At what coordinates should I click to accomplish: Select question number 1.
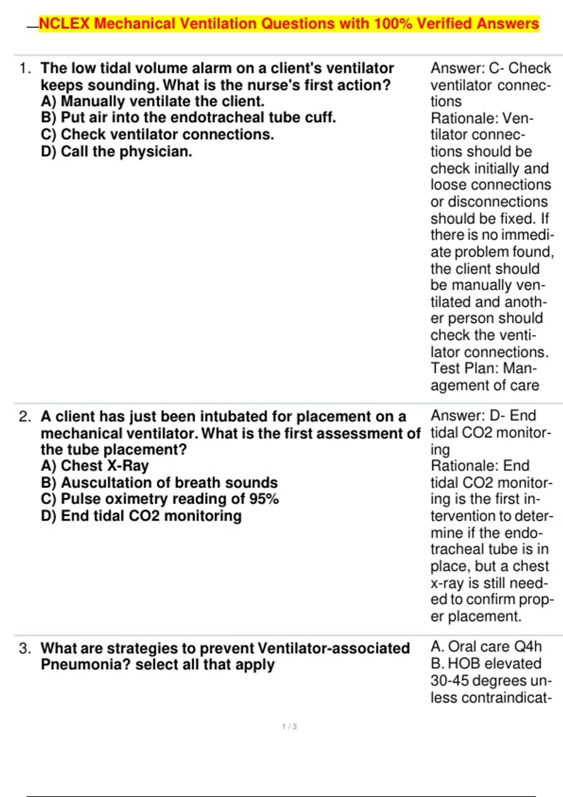pos(25,68)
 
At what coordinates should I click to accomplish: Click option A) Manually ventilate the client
pos(152,101)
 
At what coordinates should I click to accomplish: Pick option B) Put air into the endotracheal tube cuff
pos(188,117)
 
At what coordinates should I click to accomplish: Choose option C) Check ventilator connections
pos(157,135)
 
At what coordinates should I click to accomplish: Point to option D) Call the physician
pos(116,151)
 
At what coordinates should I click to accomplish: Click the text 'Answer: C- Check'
pos(490,68)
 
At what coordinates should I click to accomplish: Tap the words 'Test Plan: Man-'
pos(483,368)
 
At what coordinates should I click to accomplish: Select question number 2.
pos(25,416)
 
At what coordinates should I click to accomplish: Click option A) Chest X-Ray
pos(95,466)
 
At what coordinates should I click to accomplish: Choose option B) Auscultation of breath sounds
pos(159,482)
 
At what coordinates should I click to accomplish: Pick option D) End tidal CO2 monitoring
pos(141,516)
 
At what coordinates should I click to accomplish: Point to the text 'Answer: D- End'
pos(483,415)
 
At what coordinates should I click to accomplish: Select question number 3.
pos(25,648)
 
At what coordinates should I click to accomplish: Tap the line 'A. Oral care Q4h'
pos(486,647)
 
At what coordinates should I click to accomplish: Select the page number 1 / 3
pos(289,726)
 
